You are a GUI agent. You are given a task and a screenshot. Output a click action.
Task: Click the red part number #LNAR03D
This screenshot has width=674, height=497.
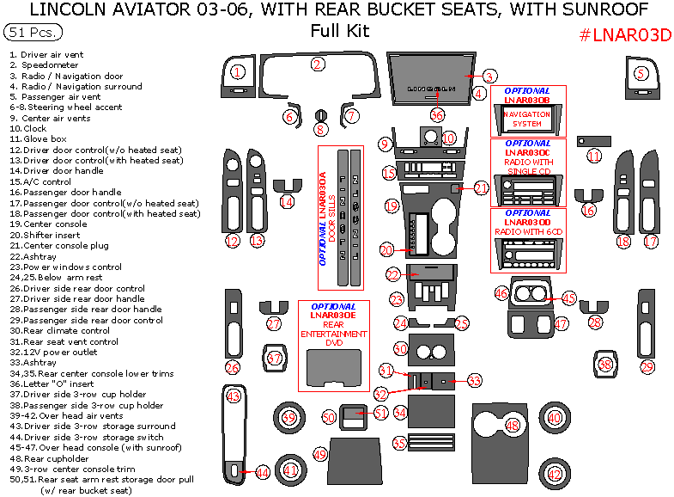tap(624, 34)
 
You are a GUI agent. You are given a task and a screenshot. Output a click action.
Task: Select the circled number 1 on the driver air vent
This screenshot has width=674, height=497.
tap(238, 73)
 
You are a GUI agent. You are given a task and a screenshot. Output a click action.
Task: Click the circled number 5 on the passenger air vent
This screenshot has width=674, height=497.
tap(641, 73)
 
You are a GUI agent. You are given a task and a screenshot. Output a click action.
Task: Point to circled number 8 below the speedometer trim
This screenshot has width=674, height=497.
tap(320, 130)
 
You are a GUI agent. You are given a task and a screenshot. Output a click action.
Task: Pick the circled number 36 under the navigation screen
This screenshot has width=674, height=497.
tap(437, 115)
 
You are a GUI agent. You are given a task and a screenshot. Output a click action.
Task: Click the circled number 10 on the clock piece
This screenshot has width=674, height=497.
tap(448, 138)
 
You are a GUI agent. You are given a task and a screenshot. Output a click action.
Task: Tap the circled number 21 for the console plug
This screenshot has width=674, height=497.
tap(481, 187)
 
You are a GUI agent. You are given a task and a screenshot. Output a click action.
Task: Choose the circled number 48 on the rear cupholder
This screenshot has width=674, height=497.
tap(513, 425)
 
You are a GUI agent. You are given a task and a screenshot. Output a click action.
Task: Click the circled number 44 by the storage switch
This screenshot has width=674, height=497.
tap(263, 472)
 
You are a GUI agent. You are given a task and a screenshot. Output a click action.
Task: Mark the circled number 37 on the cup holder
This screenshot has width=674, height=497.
tap(275, 358)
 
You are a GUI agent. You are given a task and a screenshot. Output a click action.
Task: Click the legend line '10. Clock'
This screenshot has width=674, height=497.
tap(29, 128)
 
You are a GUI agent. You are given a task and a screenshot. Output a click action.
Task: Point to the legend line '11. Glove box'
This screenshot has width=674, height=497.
tap(38, 138)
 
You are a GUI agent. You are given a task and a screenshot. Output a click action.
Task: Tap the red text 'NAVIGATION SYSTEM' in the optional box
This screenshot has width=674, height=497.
tap(526, 119)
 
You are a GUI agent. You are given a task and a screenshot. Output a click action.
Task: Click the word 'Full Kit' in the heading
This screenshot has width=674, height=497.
tap(340, 32)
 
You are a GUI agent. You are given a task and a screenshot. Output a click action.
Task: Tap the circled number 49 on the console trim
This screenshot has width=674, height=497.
tap(320, 453)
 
